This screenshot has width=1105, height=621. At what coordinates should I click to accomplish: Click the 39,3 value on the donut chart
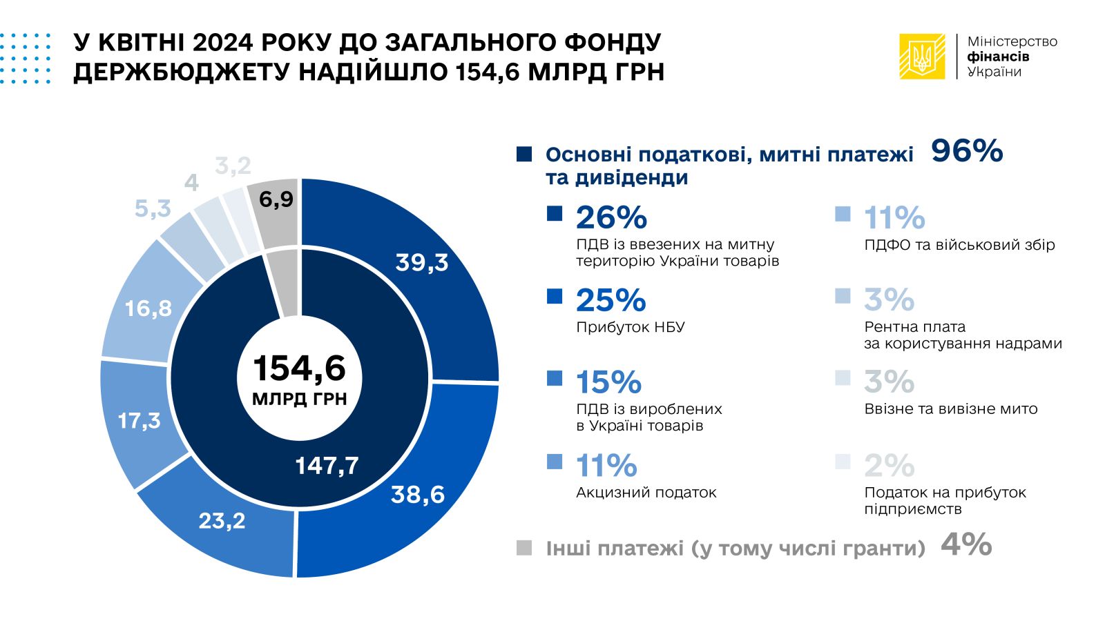[x=421, y=263]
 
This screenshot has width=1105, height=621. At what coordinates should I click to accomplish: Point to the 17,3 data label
[x=139, y=420]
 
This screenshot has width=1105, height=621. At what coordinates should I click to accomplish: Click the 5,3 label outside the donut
[x=153, y=208]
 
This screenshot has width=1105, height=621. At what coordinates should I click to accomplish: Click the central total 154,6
[x=299, y=368]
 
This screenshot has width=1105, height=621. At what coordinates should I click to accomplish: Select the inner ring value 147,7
[x=327, y=466]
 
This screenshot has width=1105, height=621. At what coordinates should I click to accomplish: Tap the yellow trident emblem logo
[x=922, y=57]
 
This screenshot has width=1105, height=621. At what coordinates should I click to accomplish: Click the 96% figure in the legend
[x=967, y=151]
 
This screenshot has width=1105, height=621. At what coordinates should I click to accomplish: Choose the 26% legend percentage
[x=611, y=218]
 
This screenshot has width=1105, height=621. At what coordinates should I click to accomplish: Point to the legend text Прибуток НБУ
[x=631, y=327]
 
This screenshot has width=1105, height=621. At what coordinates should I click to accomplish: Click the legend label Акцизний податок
[x=646, y=493]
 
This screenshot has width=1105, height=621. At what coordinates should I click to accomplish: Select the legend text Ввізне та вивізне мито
[x=951, y=409]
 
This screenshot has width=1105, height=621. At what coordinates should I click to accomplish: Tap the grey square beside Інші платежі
[x=524, y=548]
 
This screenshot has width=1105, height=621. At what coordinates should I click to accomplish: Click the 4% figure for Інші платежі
[x=966, y=545]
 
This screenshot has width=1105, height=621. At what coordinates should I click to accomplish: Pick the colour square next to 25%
[x=555, y=296]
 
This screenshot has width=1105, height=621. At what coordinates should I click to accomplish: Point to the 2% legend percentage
[x=889, y=466]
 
